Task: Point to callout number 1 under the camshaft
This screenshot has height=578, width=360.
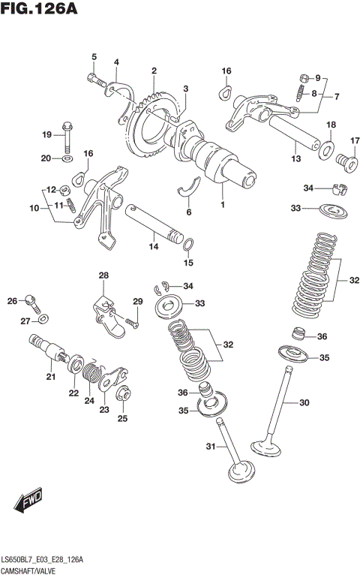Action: point(223,204)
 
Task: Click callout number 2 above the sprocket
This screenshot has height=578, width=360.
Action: point(153,71)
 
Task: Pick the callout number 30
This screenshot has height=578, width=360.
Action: point(304,403)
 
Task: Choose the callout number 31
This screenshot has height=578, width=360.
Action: point(211,447)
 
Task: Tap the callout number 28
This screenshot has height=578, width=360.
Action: point(103,275)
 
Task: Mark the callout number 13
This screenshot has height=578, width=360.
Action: point(295,159)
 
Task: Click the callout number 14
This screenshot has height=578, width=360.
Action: point(153,246)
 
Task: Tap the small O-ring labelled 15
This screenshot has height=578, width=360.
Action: point(189,243)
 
